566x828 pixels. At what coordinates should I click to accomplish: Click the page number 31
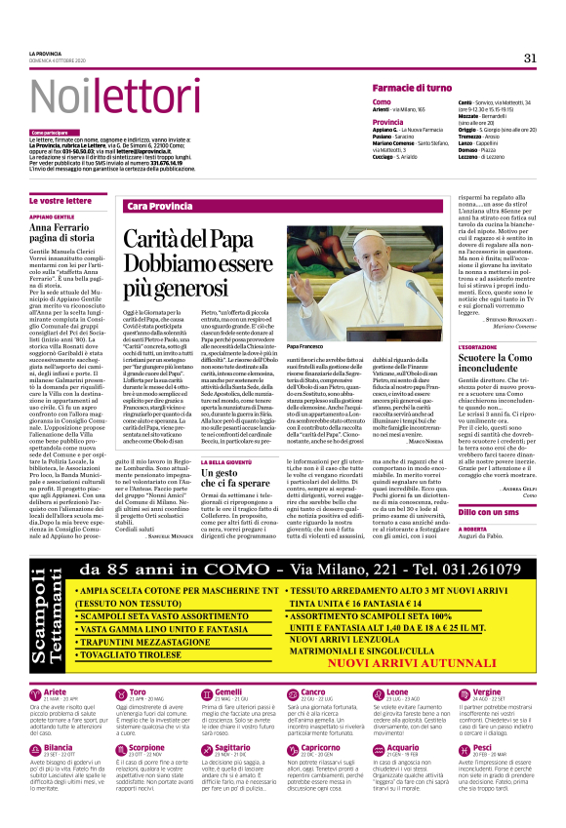(530, 58)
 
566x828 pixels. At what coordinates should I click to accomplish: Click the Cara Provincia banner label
(160, 207)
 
